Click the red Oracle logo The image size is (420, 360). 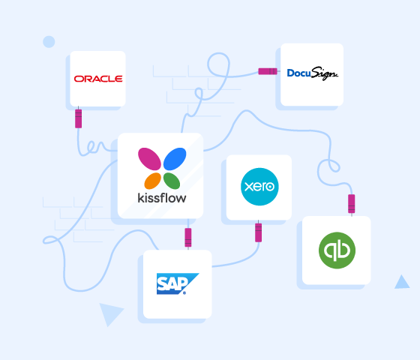[98, 79]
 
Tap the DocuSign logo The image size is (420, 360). [312, 73]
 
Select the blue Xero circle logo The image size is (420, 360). [259, 187]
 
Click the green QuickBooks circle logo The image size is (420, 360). [337, 250]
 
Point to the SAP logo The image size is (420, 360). [178, 283]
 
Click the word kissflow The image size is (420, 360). [162, 198]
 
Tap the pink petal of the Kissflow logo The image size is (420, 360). [149, 159]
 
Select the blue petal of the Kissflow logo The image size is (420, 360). [175, 159]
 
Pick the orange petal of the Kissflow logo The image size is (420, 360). [152, 181]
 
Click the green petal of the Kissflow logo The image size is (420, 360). [172, 181]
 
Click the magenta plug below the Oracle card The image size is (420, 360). [79, 118]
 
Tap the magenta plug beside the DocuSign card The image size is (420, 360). [268, 71]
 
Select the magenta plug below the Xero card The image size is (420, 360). [259, 232]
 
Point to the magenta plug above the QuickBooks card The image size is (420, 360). [352, 204]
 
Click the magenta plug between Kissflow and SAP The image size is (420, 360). [188, 238]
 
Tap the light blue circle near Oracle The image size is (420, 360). [49, 42]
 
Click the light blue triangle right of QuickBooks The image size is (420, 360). [402, 282]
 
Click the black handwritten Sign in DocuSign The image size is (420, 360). [324, 73]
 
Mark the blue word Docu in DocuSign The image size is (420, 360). [298, 73]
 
